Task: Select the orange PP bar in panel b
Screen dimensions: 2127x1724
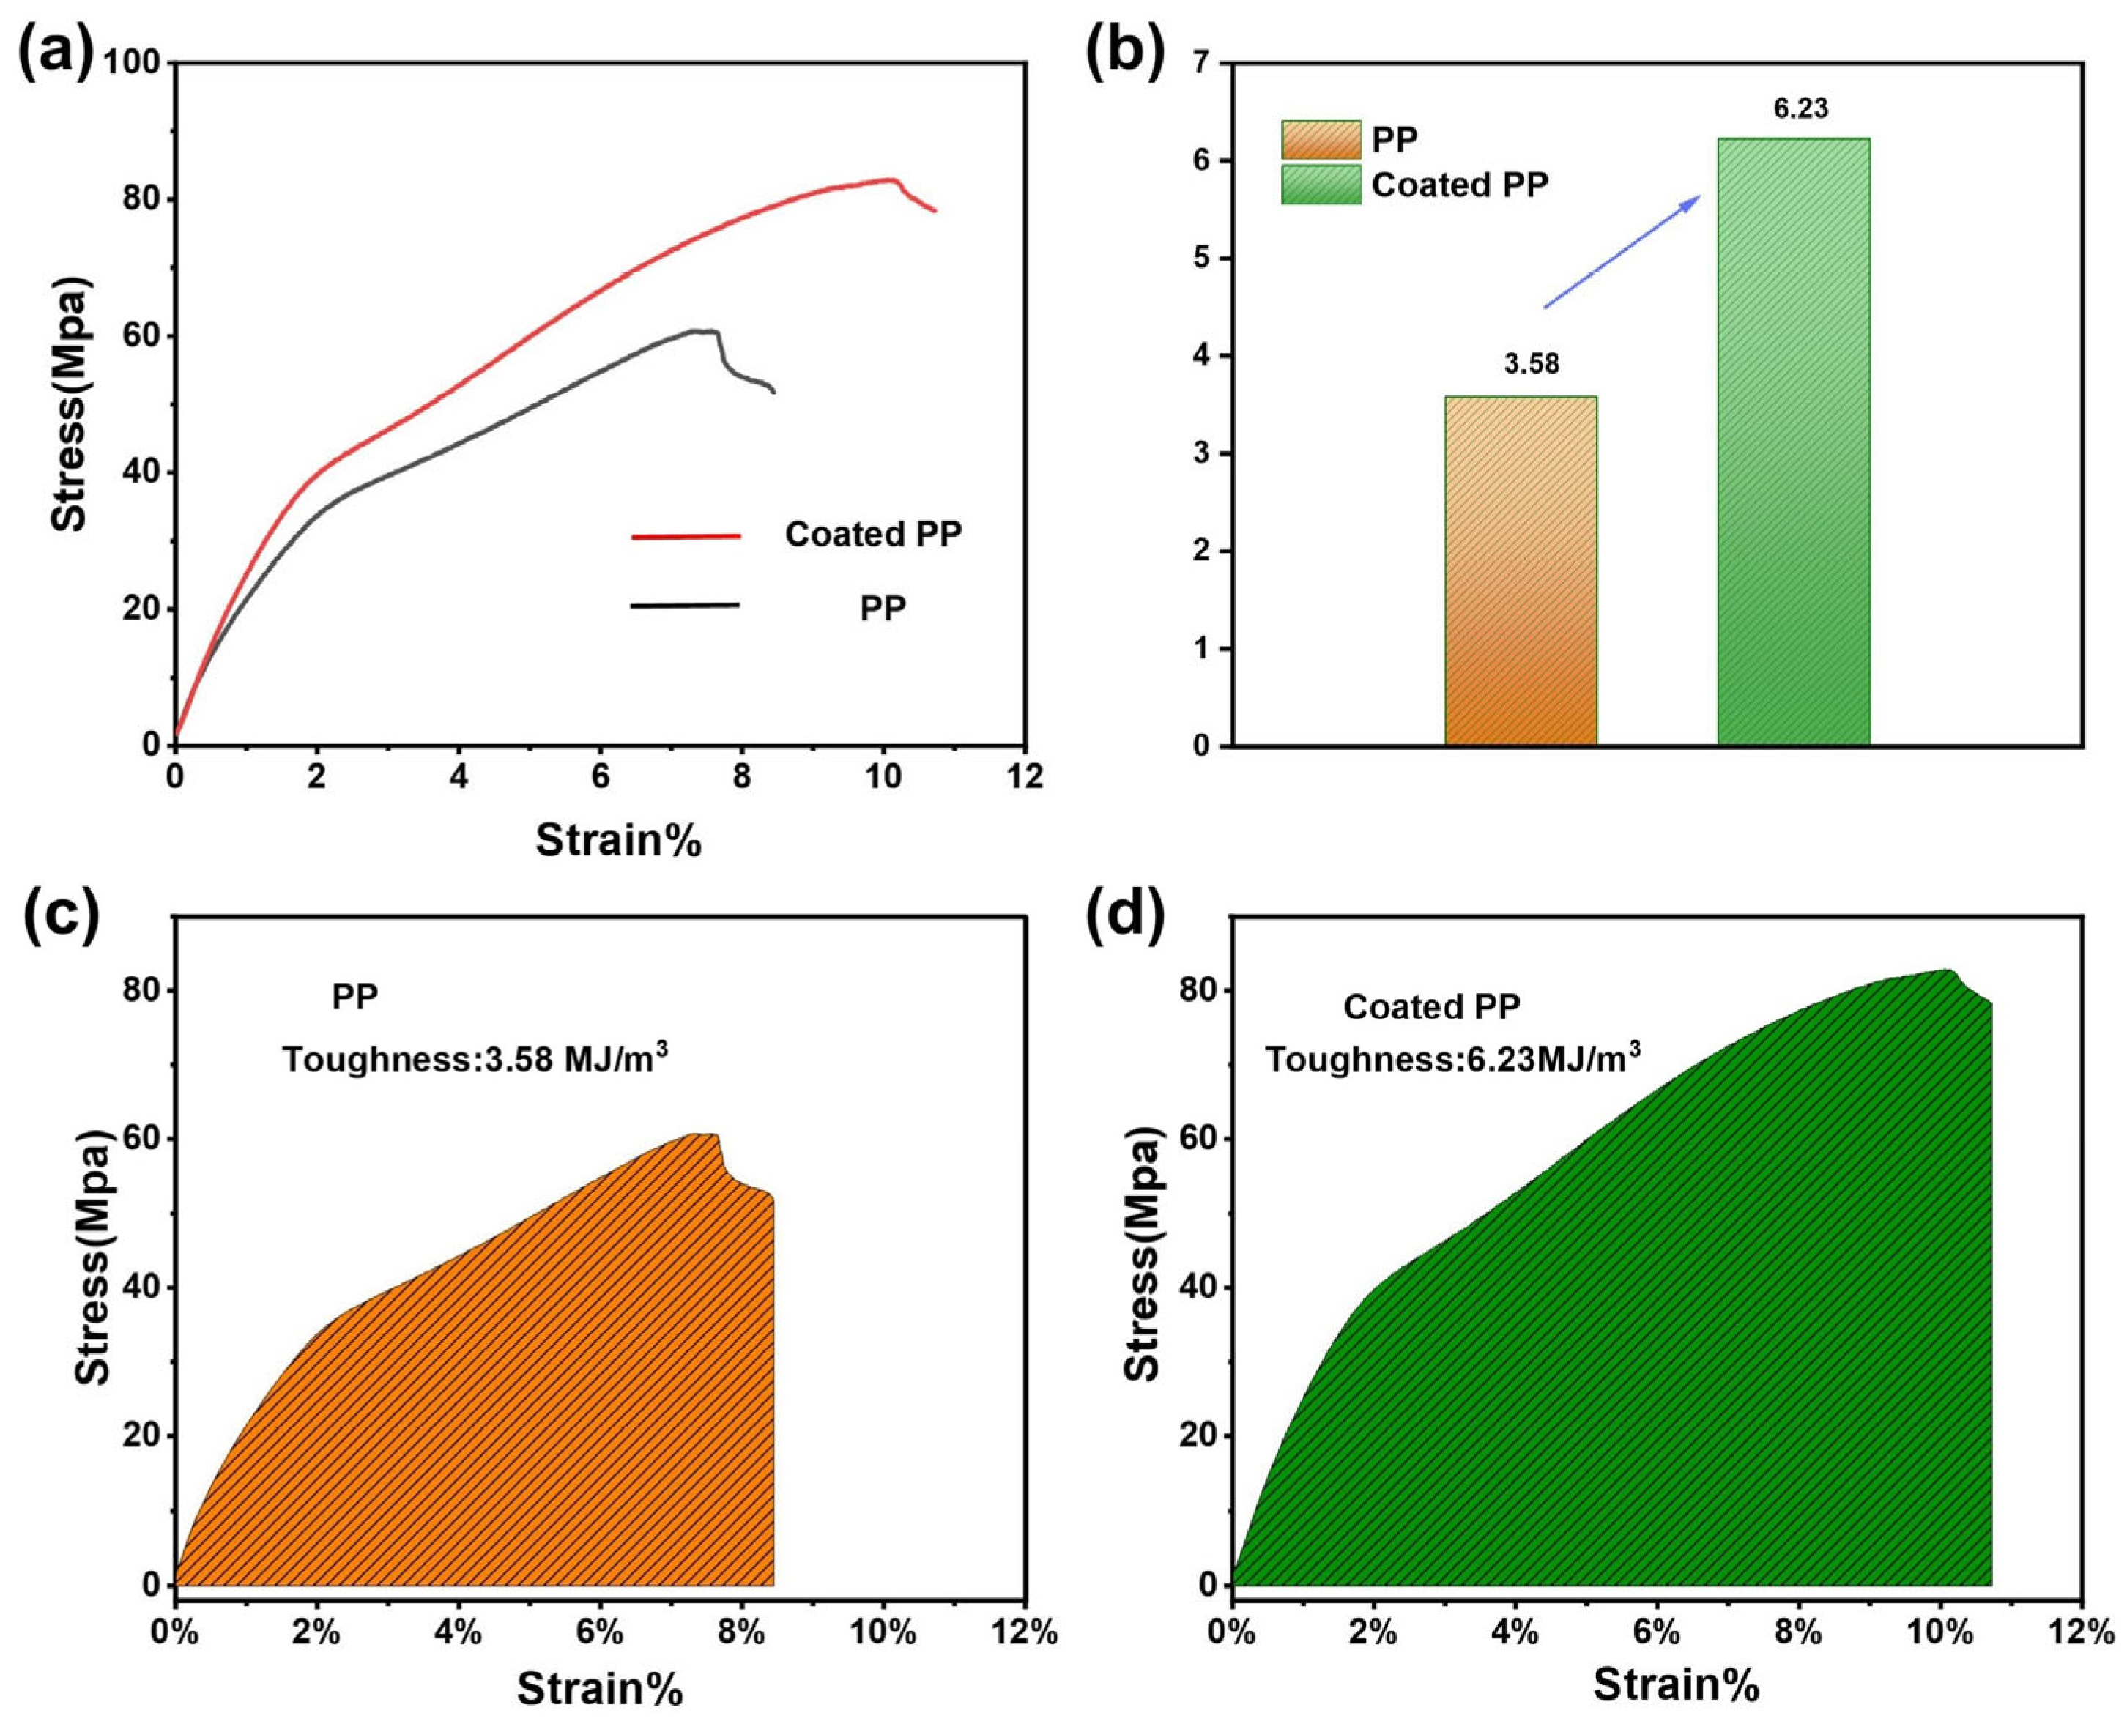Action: click(x=1521, y=571)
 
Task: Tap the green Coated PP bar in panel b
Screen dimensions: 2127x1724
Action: click(x=1793, y=442)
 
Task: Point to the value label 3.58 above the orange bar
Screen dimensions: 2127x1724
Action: click(x=1532, y=365)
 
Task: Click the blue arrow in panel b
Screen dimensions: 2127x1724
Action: click(x=1622, y=251)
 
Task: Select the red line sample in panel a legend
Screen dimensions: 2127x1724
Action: click(x=686, y=536)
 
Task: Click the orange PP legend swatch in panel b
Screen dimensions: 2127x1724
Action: click(x=1321, y=140)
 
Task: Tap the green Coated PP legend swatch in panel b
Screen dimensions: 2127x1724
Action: click(x=1321, y=185)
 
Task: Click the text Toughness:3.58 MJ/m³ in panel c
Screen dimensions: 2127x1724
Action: click(x=475, y=1058)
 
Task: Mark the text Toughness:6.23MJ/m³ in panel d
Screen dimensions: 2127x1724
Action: click(x=1452, y=1058)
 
